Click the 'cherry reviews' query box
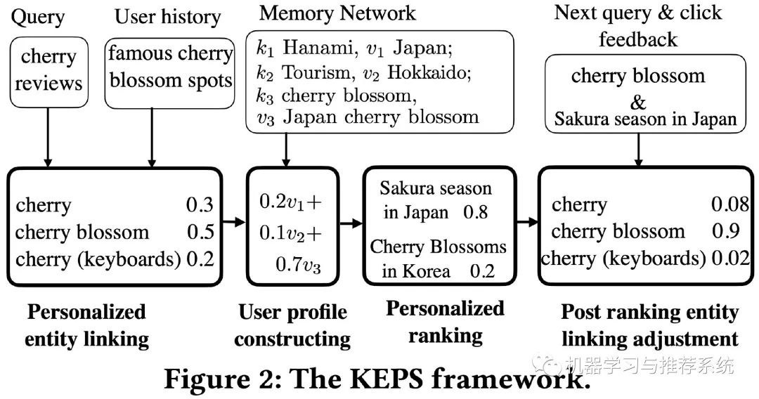click(x=49, y=72)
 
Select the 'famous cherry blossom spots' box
click(x=169, y=73)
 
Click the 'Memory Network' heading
click(x=337, y=13)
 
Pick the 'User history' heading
click(x=167, y=17)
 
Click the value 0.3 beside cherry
click(x=200, y=205)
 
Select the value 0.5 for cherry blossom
click(x=200, y=232)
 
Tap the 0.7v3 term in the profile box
click(x=298, y=265)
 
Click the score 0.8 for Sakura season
click(x=475, y=212)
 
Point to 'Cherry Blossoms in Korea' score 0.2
click(x=482, y=271)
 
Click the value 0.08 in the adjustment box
click(x=730, y=204)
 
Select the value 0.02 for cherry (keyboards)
click(x=730, y=259)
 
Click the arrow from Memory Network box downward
click(x=286, y=150)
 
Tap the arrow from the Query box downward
click(x=48, y=138)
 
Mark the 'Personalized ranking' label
click(x=446, y=322)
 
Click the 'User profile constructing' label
click(x=293, y=325)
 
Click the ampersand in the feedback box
click(x=638, y=103)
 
